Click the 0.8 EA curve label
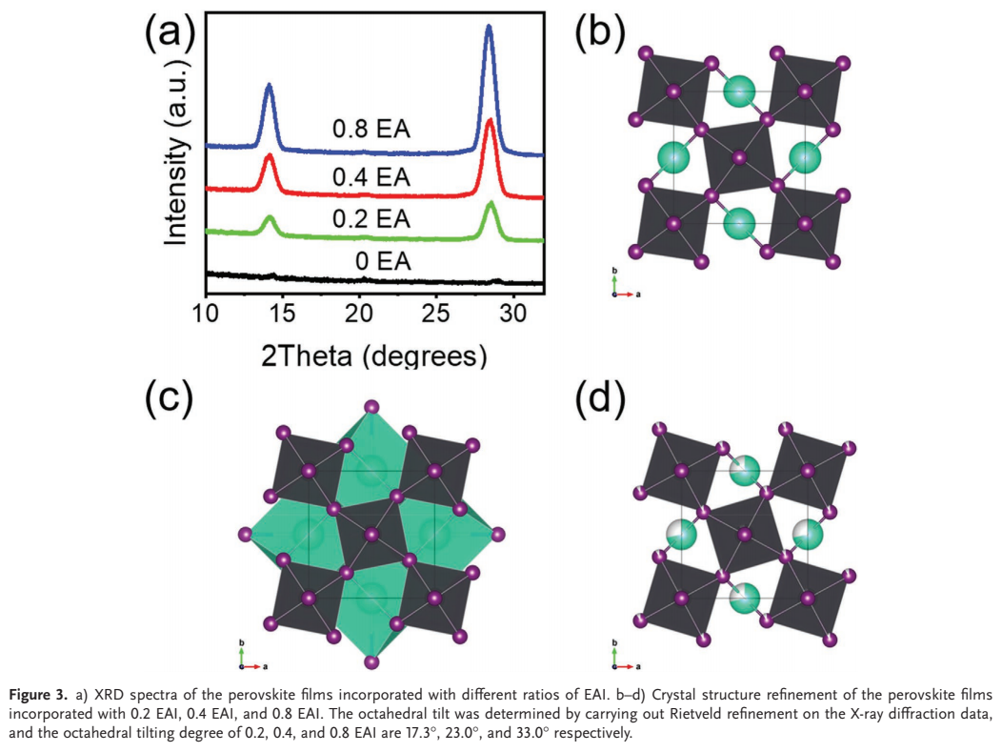[371, 130]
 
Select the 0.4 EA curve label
[371, 177]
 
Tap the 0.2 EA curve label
[371, 219]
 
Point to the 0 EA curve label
[383, 261]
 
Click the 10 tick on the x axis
[206, 314]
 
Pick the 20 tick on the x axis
[359, 314]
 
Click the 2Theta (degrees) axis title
[373, 356]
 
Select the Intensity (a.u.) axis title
[177, 152]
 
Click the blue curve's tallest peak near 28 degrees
[489, 27]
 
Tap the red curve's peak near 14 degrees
[269, 156]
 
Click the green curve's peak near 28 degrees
[491, 204]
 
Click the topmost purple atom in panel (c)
[371, 407]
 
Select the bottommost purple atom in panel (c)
[371, 661]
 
